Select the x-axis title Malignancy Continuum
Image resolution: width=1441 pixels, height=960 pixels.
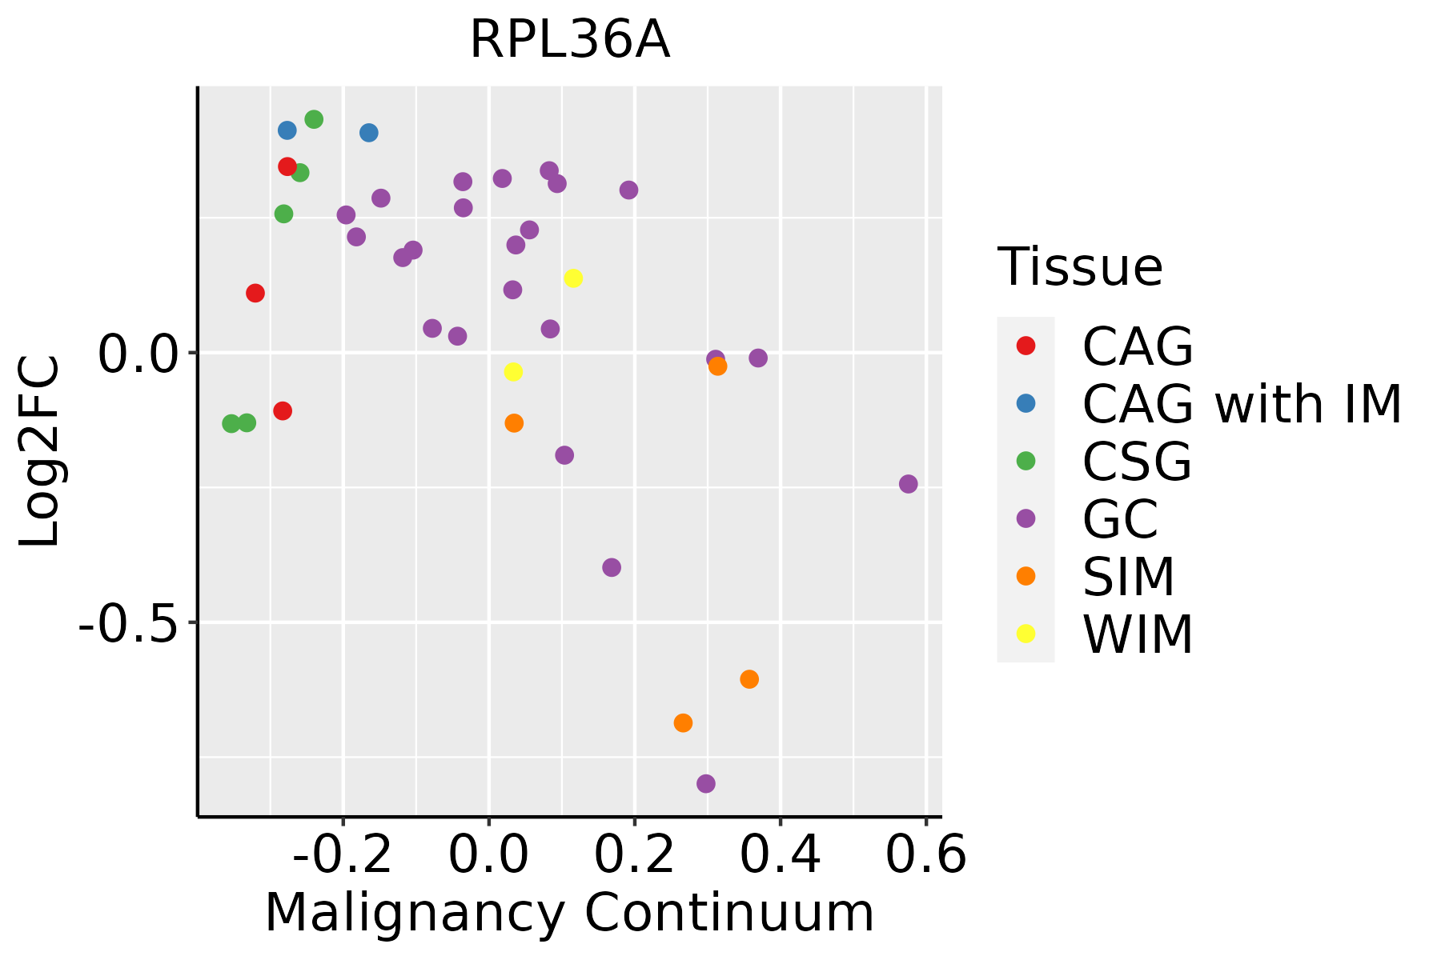569,913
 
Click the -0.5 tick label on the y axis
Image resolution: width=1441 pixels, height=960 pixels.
127,623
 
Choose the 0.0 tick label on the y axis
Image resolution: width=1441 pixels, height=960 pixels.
137,353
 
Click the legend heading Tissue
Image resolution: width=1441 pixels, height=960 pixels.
1080,267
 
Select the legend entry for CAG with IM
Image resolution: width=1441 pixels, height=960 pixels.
1242,404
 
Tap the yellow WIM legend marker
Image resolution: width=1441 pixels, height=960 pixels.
1026,634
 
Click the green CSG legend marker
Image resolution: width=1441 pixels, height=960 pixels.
1026,461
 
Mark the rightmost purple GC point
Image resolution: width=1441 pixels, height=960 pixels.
908,484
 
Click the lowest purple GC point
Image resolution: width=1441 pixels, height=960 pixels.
705,783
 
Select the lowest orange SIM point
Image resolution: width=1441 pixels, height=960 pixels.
683,723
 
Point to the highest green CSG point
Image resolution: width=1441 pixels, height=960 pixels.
314,119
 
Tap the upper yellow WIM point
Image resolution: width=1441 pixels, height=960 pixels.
573,278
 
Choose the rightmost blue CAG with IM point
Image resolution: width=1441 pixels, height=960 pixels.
369,133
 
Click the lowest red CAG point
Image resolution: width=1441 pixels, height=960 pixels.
283,411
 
